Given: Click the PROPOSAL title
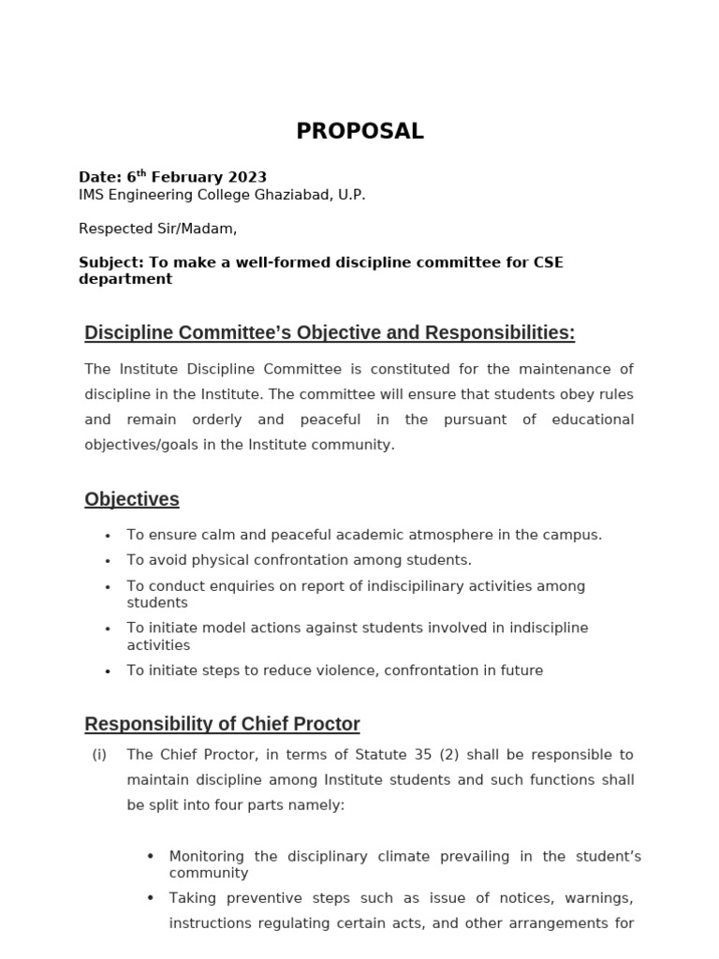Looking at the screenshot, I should point(359,132).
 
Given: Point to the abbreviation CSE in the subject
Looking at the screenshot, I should point(547,262).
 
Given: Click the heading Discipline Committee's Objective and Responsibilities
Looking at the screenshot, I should point(330,332).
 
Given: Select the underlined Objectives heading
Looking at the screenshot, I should point(132,499).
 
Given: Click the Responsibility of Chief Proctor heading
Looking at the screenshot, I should point(222,724).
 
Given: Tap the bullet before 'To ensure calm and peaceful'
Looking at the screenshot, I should point(109,536).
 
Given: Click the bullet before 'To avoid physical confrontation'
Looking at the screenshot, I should point(109,561).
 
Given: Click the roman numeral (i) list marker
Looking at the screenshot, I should point(99,755).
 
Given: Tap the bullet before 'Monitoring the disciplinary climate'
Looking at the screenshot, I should point(151,856).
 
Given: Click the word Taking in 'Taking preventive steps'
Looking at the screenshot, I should point(191,898).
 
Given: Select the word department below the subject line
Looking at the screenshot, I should point(125,279).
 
